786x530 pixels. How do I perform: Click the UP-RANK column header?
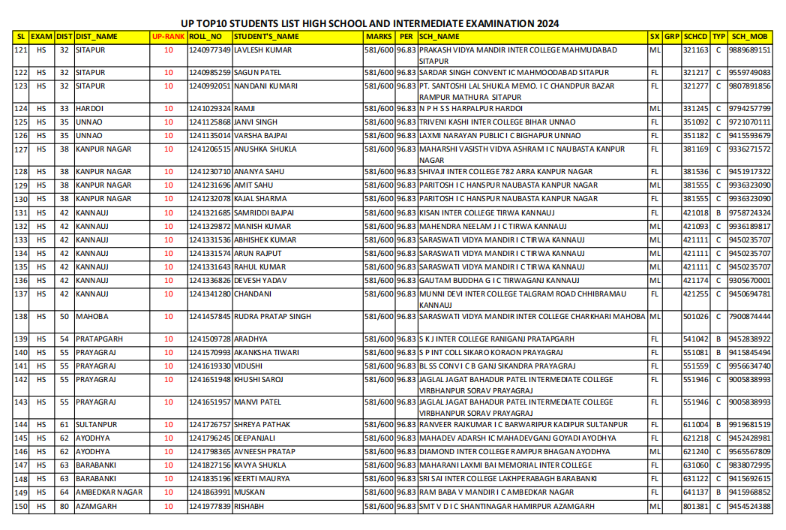pos(167,36)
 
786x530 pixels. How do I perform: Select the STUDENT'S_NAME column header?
pos(266,36)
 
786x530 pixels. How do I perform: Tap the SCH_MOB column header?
pos(749,36)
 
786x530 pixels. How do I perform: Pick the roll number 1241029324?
pos(210,109)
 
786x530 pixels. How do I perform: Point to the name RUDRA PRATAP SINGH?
pos(272,317)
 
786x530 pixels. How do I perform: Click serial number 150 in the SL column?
pos(21,507)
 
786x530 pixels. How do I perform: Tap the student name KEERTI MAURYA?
pos(261,479)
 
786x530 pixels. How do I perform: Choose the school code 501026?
pos(695,317)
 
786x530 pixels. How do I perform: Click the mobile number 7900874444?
pos(749,317)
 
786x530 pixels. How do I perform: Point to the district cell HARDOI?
pos(90,109)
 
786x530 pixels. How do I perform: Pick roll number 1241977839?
pos(210,507)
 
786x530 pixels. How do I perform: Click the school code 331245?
pos(695,109)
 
